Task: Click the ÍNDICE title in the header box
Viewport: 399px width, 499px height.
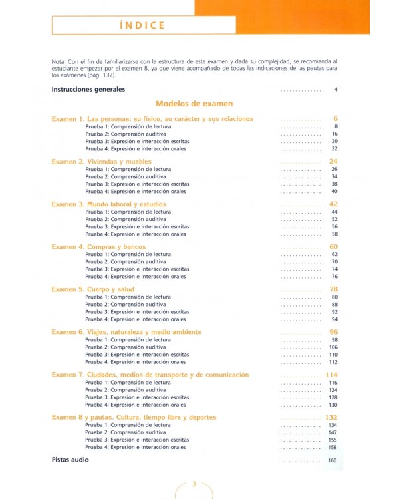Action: tap(143, 26)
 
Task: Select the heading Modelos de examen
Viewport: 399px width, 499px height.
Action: tap(194, 104)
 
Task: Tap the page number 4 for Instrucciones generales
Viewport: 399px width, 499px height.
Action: tap(336, 89)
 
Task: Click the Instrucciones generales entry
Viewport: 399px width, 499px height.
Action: tap(88, 89)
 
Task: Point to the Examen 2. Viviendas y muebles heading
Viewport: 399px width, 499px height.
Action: tap(101, 162)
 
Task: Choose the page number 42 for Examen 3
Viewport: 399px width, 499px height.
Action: tap(334, 204)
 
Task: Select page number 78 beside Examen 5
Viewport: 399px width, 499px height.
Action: tap(334, 289)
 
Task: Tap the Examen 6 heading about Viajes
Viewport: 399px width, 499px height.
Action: tap(126, 332)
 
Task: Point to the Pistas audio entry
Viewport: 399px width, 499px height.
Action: tap(70, 460)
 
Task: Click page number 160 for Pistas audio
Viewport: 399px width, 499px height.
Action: tap(332, 460)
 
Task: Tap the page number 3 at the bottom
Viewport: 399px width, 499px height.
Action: tap(194, 484)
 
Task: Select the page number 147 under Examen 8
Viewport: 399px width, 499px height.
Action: tap(333, 432)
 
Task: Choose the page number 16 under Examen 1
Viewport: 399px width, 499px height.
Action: tap(334, 134)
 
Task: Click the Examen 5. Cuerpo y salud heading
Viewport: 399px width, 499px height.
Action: tap(93, 289)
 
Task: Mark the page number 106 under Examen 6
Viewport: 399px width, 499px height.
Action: tap(333, 347)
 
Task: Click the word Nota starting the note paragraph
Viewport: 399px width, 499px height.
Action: tap(59, 61)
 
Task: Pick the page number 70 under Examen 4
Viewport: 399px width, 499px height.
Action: tap(334, 262)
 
